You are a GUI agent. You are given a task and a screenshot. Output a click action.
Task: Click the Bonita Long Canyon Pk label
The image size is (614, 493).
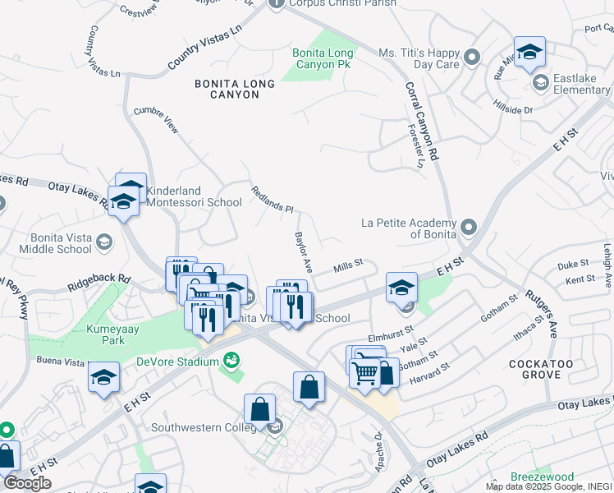click(x=323, y=58)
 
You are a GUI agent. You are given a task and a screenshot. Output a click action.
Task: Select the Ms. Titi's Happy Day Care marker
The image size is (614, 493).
click(x=471, y=58)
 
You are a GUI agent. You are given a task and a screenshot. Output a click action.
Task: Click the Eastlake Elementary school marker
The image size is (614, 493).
click(x=541, y=82)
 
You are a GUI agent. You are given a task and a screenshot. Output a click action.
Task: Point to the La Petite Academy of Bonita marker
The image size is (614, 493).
click(x=469, y=226)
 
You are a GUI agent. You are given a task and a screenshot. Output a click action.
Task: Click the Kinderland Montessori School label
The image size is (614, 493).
click(x=194, y=196)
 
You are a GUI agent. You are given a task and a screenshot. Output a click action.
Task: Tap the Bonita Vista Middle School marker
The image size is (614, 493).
click(x=103, y=241)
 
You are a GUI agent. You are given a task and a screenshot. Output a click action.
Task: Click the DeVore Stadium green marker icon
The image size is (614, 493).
click(x=232, y=360)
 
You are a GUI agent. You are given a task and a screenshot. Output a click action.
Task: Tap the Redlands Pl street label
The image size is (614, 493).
click(x=272, y=198)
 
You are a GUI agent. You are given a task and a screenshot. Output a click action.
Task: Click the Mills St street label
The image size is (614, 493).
click(x=348, y=267)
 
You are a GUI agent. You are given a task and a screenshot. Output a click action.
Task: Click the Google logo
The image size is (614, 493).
click(x=27, y=483)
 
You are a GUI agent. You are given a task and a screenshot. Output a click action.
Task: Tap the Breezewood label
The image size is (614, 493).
click(x=541, y=477)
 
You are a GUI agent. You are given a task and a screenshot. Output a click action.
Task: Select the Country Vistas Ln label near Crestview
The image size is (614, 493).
click(x=205, y=46)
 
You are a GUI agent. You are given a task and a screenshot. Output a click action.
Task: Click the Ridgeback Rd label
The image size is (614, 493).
click(x=102, y=279)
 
